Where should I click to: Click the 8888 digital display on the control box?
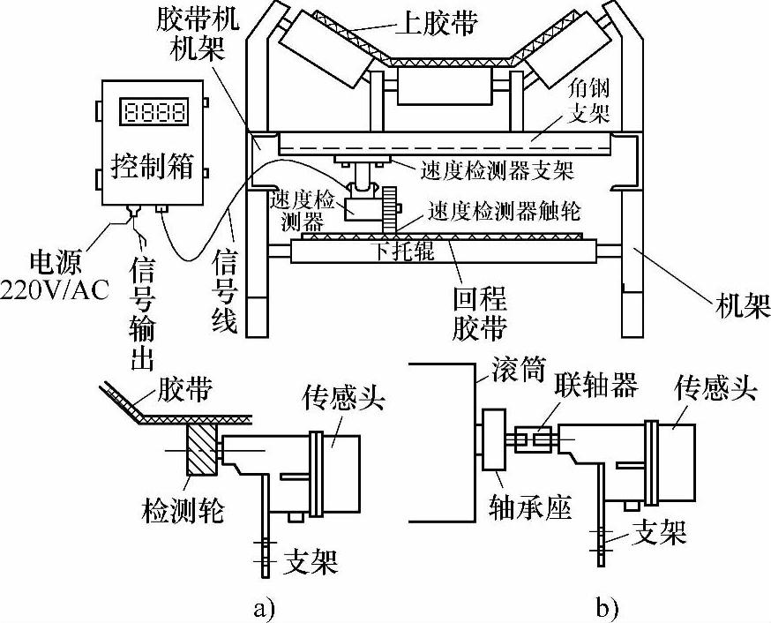pos(153,111)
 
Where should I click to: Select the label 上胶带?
pos(438,22)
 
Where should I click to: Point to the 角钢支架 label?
pos(588,101)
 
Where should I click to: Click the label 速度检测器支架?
pos(497,169)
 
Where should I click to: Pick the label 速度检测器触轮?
pos(504,211)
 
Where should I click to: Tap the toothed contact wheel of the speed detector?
pos(390,209)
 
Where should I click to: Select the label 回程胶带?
pos(479,312)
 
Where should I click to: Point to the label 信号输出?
pos(142,314)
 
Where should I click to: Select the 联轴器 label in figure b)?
pos(596,384)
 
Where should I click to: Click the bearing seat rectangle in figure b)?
pos(495,439)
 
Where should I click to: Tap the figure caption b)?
pos(607,607)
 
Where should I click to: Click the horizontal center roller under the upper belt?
pos(445,86)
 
